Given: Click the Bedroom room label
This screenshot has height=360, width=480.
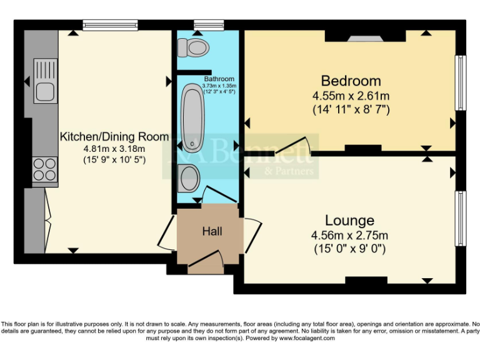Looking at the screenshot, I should pyautogui.click(x=351, y=81).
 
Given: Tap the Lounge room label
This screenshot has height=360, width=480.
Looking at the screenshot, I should pyautogui.click(x=349, y=220).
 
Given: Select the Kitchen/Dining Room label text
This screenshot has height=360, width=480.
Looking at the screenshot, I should pyautogui.click(x=114, y=136).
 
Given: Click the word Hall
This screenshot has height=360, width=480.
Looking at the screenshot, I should pyautogui.click(x=212, y=231).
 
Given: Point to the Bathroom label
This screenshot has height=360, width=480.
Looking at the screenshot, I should pyautogui.click(x=219, y=79).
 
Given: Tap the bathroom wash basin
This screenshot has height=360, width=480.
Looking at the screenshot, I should pyautogui.click(x=188, y=177).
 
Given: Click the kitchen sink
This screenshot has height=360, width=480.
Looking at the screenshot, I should pyautogui.click(x=46, y=81).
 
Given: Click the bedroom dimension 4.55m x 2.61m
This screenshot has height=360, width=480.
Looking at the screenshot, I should pyautogui.click(x=351, y=96).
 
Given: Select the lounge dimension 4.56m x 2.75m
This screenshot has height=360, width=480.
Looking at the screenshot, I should pyautogui.click(x=349, y=236).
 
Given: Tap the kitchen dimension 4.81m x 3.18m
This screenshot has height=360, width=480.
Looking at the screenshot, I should pyautogui.click(x=114, y=148).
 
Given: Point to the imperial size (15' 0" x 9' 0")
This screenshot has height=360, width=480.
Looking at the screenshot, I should pyautogui.click(x=349, y=249).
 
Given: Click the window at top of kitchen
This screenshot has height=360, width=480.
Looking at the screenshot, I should pyautogui.click(x=110, y=26).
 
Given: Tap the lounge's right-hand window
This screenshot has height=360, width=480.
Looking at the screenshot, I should pyautogui.click(x=460, y=219).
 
